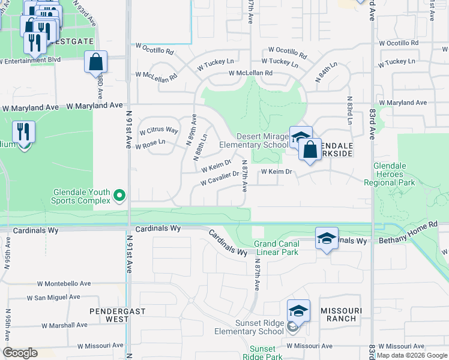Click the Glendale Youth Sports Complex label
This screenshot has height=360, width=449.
point(82,196)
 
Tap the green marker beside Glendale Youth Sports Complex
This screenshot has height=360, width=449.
point(119,194)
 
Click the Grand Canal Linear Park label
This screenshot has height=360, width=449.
point(276,248)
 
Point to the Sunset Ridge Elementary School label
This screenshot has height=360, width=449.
point(259,327)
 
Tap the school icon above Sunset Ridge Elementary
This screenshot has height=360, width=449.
point(298,311)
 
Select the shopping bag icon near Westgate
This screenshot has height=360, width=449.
point(95,61)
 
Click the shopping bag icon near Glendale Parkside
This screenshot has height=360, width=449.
point(310,151)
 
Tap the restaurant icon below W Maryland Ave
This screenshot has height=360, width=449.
point(23,132)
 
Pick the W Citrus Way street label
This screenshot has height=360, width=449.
point(158,130)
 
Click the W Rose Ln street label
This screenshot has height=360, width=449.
point(151,146)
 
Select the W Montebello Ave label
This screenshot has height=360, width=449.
point(64,283)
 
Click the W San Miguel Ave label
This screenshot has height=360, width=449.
point(53,297)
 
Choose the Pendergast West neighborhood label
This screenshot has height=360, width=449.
point(109,315)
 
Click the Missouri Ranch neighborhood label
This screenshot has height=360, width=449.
point(342,314)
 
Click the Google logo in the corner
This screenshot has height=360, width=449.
point(20,353)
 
